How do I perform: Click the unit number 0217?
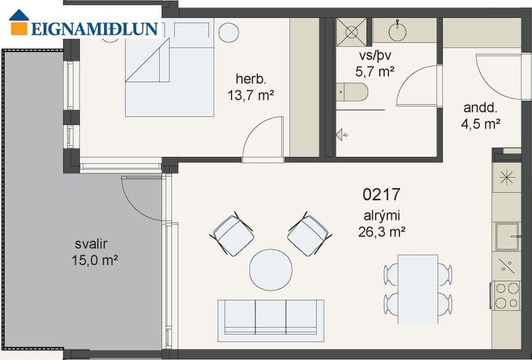(381, 194)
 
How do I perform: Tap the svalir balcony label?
(91, 244)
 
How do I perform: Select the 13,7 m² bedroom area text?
(251, 96)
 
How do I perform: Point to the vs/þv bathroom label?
(375, 56)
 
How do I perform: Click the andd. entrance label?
(481, 108)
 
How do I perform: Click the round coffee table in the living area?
(271, 270)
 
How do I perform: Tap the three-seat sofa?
(271, 321)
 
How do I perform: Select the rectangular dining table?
(418, 289)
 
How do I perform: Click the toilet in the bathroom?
(352, 92)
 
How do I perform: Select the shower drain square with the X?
(351, 32)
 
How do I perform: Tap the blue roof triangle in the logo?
(19, 15)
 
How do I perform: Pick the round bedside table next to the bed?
(228, 33)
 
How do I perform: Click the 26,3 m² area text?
(382, 232)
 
